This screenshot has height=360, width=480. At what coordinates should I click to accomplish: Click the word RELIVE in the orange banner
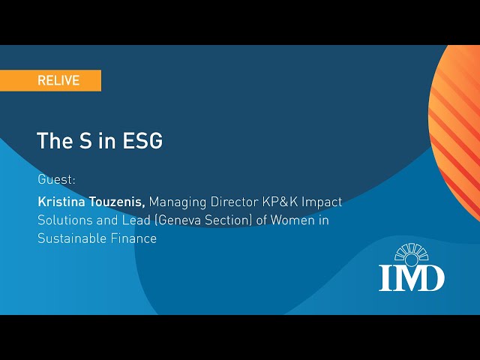point(58,80)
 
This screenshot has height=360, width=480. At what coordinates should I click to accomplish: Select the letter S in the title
point(85,141)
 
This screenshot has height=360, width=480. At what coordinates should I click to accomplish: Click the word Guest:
point(56,179)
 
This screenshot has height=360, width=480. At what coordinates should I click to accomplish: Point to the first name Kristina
point(61,202)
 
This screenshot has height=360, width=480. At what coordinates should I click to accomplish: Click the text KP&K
point(280,202)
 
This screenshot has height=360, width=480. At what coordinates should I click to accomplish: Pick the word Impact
point(322,202)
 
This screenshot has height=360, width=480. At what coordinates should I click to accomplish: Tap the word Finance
point(133,238)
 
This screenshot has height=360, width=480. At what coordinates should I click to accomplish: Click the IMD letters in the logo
point(412,278)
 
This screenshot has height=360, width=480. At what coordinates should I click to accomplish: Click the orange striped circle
point(454,132)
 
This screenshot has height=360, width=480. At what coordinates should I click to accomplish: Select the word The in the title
point(55,141)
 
